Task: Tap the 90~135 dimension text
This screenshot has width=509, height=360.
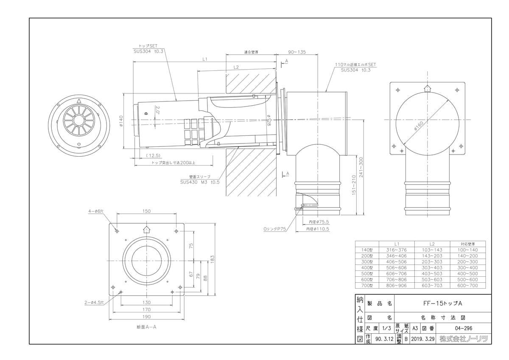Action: pos(297,52)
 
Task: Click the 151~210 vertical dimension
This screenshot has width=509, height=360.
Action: pos(353,185)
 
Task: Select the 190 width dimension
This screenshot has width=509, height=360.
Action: pos(146,316)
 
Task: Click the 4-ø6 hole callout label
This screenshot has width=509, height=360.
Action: pos(96,211)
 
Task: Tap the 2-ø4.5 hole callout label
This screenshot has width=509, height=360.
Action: pos(96,302)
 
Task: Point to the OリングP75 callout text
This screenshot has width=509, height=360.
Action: pos(275,229)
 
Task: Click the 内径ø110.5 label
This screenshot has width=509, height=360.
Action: pos(318,229)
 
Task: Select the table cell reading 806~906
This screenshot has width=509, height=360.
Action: pos(396,286)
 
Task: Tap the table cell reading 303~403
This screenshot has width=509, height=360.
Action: pos(432,268)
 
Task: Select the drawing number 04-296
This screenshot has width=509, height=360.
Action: pos(463,328)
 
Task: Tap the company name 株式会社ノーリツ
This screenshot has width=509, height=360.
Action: pos(464,339)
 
